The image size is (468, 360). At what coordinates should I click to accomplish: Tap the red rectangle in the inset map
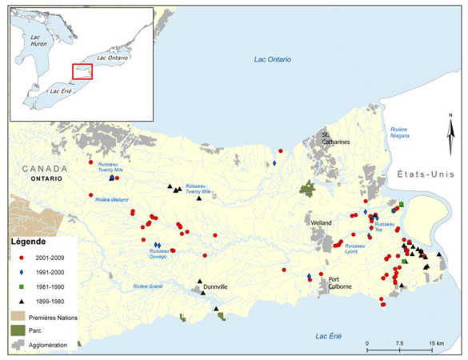coord(82,71)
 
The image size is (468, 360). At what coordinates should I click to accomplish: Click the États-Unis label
coord(429,174)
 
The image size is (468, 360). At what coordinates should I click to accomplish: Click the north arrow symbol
coord(450,128)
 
